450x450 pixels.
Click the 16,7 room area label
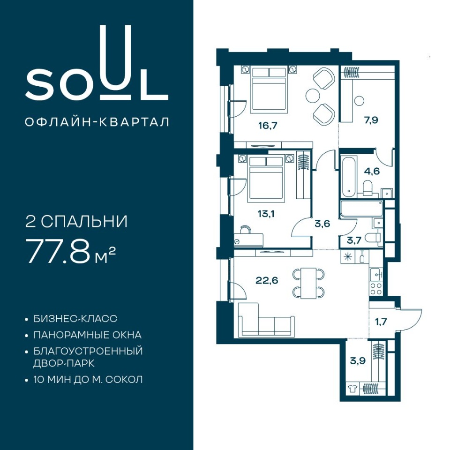267,126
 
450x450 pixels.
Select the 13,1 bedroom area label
266,213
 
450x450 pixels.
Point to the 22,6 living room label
267,280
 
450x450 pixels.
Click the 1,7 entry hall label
381,322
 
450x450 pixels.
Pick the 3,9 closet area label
358,360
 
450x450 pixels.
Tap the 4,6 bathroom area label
372,171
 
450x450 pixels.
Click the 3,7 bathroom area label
354,240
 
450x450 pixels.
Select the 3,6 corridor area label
322,223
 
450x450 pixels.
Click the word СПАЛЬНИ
84,222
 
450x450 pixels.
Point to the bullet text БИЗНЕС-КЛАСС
75,319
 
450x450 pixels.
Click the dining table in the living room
308,283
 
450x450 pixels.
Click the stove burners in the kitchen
376,289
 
